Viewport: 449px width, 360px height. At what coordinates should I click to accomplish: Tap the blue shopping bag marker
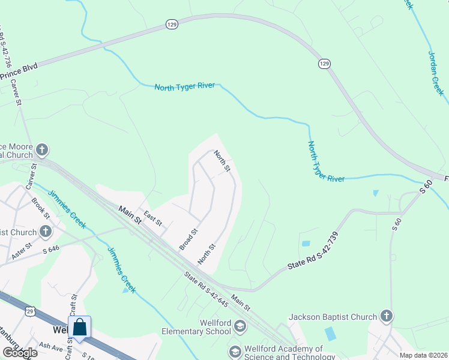click(80, 328)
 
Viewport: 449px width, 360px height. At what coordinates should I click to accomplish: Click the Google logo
click(19, 353)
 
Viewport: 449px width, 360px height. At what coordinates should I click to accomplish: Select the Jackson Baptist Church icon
click(386, 316)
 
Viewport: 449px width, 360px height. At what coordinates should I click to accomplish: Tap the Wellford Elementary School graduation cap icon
click(240, 326)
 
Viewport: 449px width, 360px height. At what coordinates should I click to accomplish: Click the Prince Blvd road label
click(19, 72)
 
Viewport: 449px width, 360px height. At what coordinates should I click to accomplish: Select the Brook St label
click(41, 208)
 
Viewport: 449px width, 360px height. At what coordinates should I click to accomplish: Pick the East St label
click(152, 218)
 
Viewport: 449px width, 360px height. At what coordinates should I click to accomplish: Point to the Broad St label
click(188, 239)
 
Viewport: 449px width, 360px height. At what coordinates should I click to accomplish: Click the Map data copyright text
click(424, 355)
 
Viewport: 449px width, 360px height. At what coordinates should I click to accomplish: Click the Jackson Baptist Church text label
click(333, 317)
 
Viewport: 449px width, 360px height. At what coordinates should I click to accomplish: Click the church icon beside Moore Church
click(41, 148)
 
